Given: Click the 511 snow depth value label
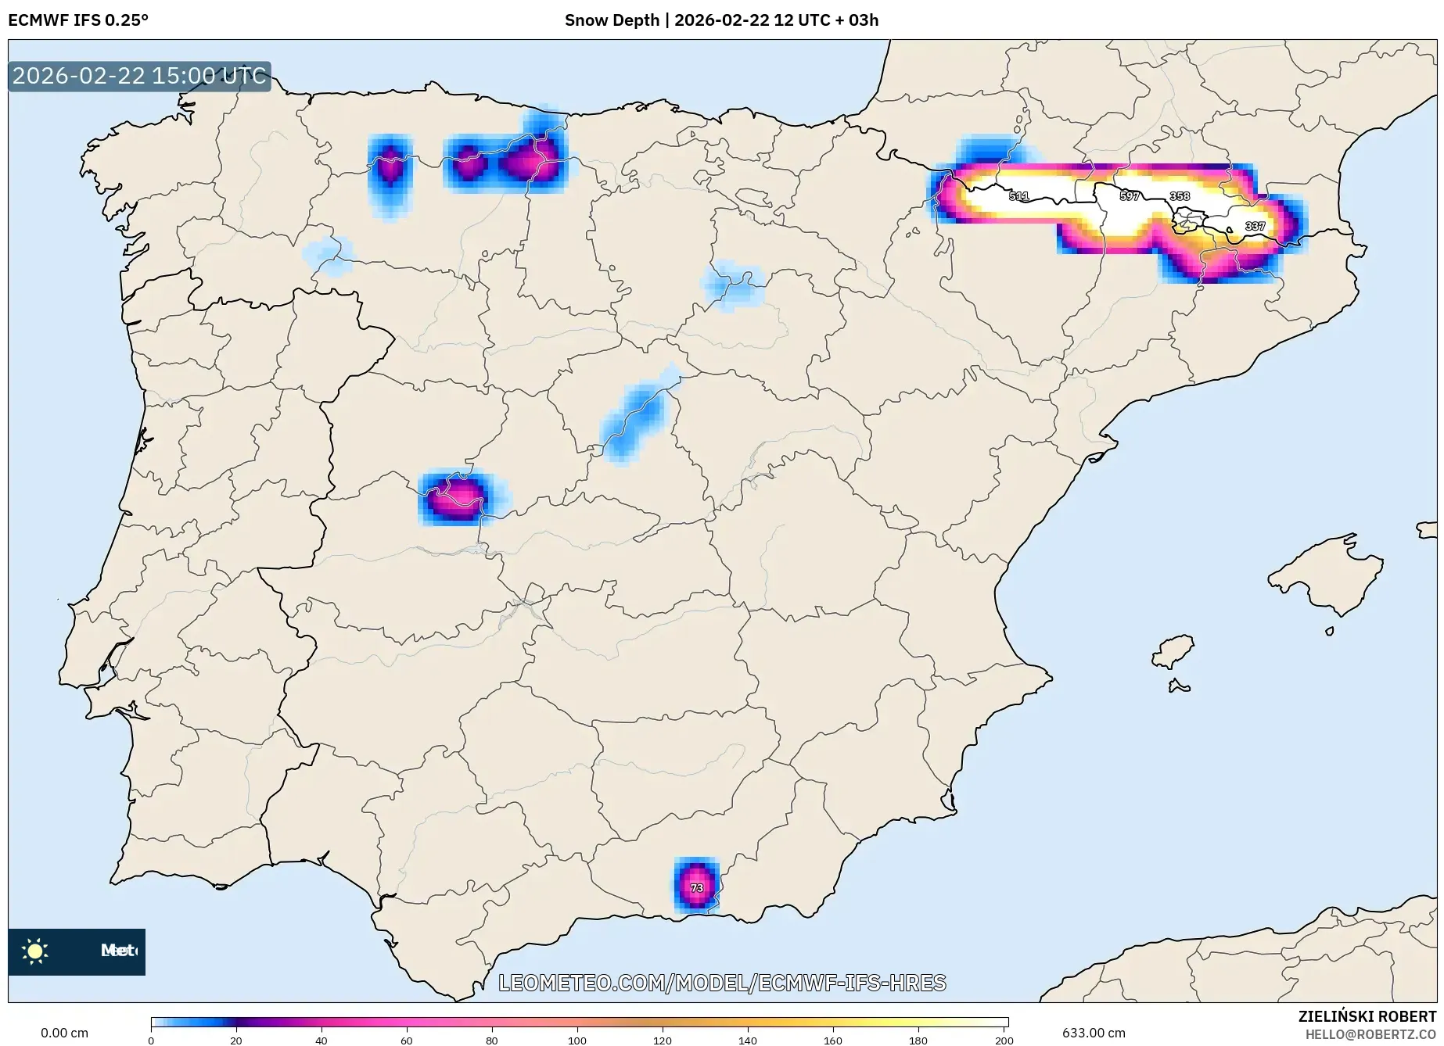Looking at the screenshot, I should [x=1018, y=196].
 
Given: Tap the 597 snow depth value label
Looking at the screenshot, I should [x=1130, y=196].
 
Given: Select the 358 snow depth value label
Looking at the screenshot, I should [x=1180, y=196].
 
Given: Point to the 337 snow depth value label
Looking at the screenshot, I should [x=1255, y=226].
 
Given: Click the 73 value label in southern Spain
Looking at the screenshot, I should [x=697, y=888].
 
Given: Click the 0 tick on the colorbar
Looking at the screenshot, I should [x=151, y=1040].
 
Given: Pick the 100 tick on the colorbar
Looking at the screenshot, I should [x=577, y=1040].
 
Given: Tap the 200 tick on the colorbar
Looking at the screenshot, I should [x=1004, y=1040].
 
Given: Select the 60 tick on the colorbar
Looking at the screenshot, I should [x=407, y=1040].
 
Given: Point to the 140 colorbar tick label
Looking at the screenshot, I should [x=748, y=1040].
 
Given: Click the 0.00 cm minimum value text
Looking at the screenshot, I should [x=64, y=1033].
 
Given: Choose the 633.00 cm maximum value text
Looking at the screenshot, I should [x=1094, y=1033].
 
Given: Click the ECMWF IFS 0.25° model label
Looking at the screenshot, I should [x=78, y=20].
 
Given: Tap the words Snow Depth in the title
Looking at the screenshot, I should [x=612, y=20].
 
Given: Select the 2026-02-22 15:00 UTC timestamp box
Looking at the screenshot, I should [x=139, y=77].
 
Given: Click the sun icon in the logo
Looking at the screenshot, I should [x=35, y=951].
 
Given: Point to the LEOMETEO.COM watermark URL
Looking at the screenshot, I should [x=722, y=983].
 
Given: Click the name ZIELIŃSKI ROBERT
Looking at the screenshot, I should [x=1367, y=1016].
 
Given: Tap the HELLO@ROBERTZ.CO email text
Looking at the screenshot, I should [x=1370, y=1034].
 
